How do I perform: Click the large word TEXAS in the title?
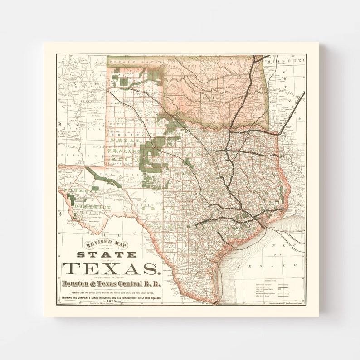coord(111,268)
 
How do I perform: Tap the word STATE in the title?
coord(106,254)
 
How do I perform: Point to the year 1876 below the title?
coord(111,302)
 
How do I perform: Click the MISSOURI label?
coord(286,61)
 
